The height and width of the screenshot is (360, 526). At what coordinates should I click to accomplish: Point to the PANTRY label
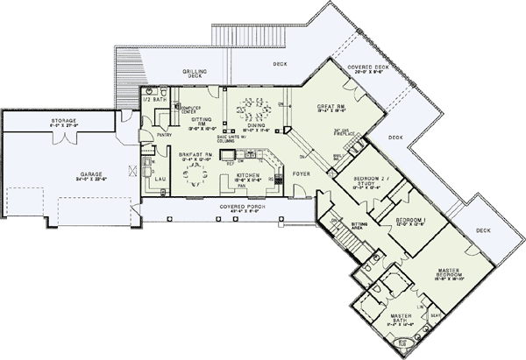[x=164, y=136]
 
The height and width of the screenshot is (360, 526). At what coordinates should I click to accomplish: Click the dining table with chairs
[x=252, y=113]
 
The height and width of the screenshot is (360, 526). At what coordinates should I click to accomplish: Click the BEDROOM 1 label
[x=409, y=218]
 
